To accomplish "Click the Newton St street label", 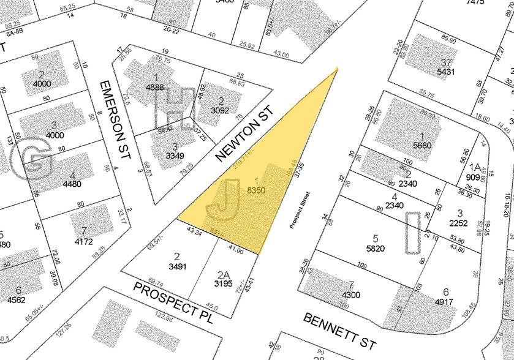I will coord(244,133).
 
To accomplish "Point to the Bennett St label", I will coord(340,330).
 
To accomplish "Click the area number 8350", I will coord(255,191).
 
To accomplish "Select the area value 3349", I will coord(175,156).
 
